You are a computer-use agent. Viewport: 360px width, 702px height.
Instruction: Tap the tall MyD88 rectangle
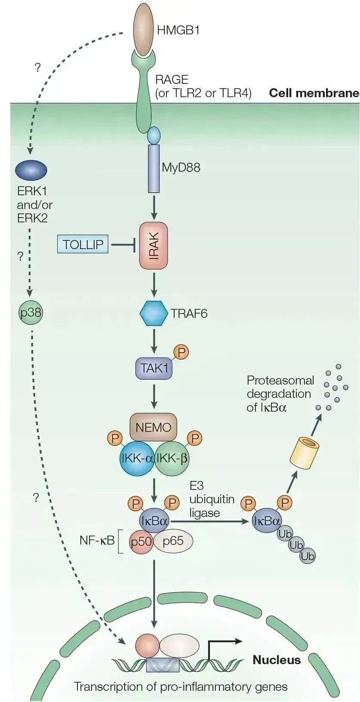click(x=154, y=168)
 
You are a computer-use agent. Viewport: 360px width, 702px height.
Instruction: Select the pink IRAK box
click(x=153, y=245)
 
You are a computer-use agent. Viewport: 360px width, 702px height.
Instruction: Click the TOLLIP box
click(x=83, y=245)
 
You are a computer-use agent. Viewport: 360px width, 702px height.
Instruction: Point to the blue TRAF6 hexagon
click(x=154, y=313)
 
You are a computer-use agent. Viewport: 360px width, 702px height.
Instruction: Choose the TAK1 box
click(x=154, y=368)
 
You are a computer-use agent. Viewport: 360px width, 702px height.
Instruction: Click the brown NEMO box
click(x=153, y=427)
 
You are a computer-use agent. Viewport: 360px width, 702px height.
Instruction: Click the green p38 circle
click(x=31, y=312)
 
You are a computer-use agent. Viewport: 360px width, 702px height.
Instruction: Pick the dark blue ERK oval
click(x=31, y=170)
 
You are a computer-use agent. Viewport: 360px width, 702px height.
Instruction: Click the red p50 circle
click(x=142, y=541)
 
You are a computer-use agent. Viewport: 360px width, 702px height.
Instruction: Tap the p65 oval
click(x=173, y=541)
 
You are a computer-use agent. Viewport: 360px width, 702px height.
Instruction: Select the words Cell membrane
click(x=314, y=93)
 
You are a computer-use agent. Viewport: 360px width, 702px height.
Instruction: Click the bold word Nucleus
click(x=276, y=660)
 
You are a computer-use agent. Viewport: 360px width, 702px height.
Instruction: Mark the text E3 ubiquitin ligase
click(x=212, y=499)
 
